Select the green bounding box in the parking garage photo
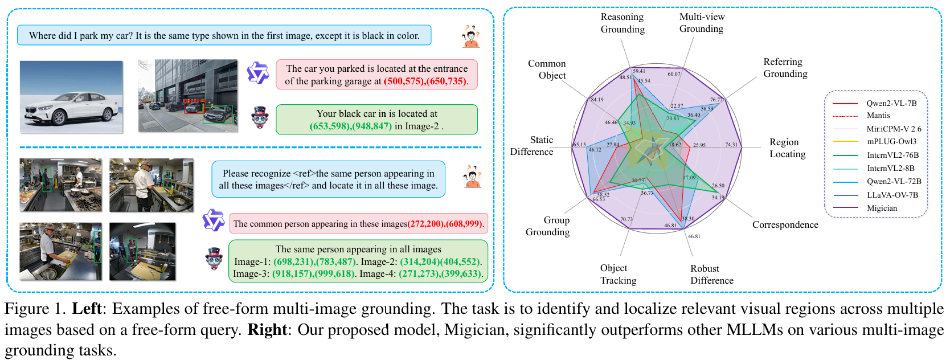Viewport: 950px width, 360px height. click(218, 114)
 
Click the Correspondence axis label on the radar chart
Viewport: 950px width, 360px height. click(785, 225)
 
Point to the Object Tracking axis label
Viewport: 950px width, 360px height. click(619, 274)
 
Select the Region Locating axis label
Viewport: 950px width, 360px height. click(788, 148)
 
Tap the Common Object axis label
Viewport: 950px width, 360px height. click(547, 69)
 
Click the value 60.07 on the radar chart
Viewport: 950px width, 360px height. click(674, 74)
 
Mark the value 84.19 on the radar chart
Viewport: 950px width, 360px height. click(597, 100)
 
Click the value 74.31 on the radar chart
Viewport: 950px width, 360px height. click(731, 145)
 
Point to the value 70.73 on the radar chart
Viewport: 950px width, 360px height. click(626, 219)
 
